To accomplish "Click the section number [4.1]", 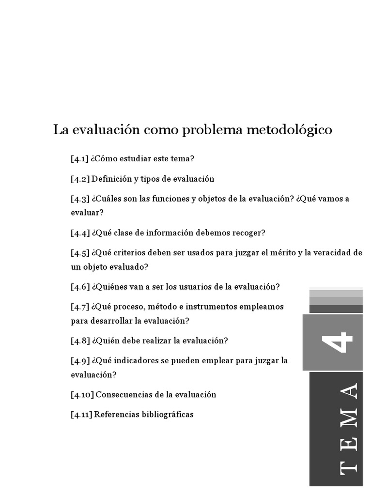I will (x=80, y=159).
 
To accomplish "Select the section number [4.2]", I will (x=80, y=179).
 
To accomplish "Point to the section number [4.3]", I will (x=80, y=199).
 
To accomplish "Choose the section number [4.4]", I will (x=80, y=233).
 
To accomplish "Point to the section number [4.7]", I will (x=80, y=307).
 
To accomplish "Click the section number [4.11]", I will (x=81, y=414).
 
